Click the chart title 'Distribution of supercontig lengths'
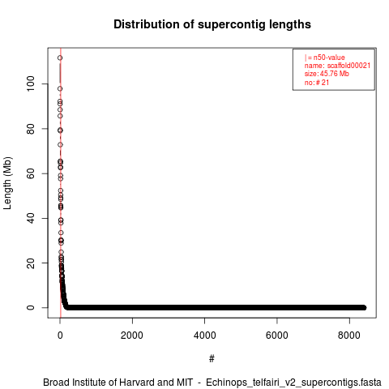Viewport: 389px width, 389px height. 212,24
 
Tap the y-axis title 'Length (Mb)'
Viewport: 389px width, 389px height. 8,183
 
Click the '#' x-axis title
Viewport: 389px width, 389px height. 212,359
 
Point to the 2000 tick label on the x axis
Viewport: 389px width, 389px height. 132,336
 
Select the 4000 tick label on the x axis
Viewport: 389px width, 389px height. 204,336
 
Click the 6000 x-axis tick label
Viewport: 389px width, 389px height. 277,336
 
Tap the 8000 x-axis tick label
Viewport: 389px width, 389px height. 349,336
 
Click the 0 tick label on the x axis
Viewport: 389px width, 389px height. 60,336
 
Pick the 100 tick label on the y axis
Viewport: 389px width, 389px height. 31,83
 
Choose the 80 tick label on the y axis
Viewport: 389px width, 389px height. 31,129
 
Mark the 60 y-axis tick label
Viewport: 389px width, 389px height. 31,173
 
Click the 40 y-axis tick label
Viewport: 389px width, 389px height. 31,218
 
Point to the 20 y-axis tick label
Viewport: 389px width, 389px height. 31,263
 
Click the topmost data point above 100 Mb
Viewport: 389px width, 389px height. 60,58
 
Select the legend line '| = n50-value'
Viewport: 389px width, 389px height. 325,58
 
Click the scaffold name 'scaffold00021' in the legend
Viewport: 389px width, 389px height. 348,66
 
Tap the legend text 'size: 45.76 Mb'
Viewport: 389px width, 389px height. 327,74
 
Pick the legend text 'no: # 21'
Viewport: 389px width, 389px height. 317,82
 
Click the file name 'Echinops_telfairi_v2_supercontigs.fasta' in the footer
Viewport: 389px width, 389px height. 293,383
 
